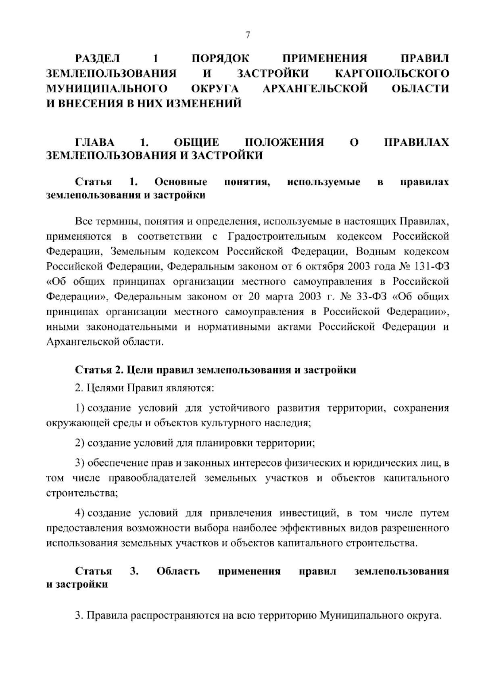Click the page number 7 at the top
(x=248, y=36)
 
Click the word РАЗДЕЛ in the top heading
(x=98, y=59)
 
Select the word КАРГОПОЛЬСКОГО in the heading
(x=392, y=73)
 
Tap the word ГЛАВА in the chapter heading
(x=95, y=142)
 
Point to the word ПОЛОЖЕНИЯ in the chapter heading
(x=284, y=142)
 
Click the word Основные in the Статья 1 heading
(x=181, y=182)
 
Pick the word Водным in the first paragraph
(x=376, y=251)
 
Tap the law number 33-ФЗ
(x=371, y=297)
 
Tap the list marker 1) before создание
(x=80, y=408)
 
